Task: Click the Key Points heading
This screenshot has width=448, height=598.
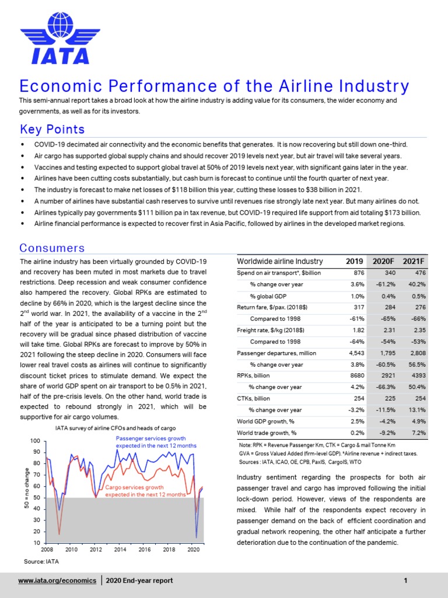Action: coord(52,129)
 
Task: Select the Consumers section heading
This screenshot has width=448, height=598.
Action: coord(52,248)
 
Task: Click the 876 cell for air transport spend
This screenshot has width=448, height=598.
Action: coord(359,273)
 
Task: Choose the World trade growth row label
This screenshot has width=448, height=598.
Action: coord(267,433)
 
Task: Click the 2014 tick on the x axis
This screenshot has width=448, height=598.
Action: coord(120,550)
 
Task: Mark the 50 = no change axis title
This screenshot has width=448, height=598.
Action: coord(27,487)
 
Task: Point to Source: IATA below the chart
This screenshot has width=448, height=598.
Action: coord(41,561)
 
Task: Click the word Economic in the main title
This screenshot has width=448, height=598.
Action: coord(59,86)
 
